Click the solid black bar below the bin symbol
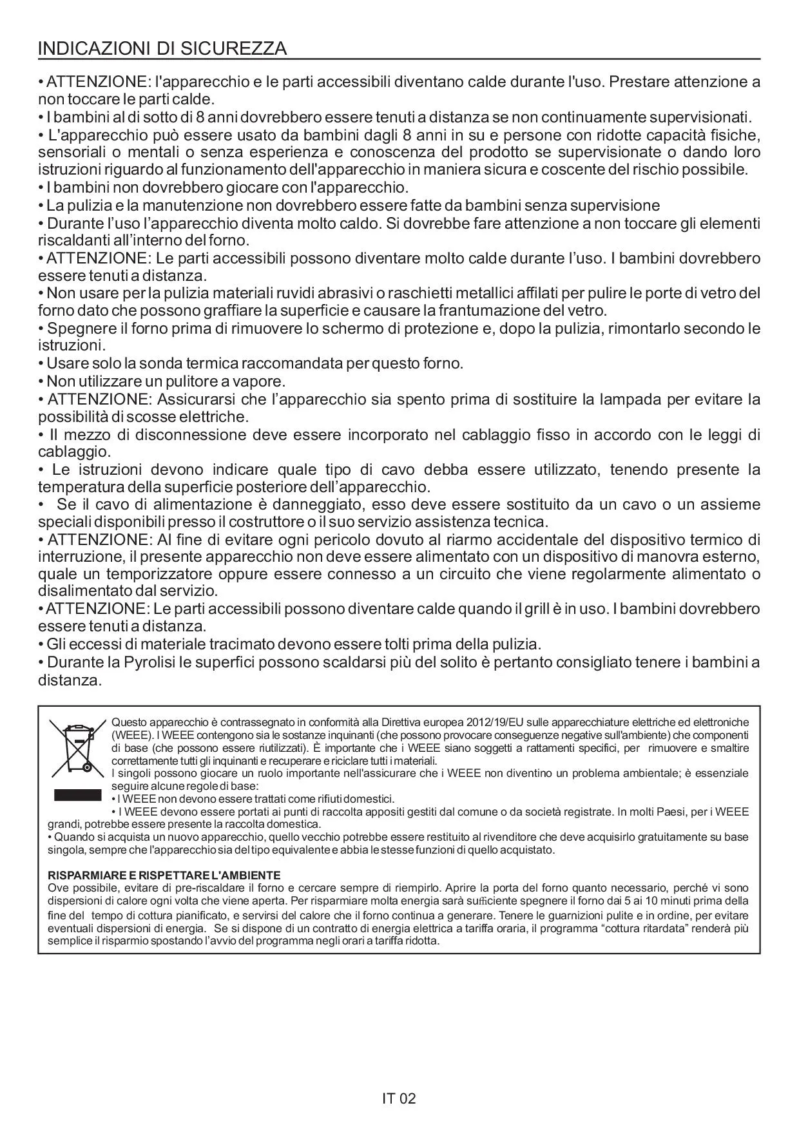77,794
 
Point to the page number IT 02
399,1098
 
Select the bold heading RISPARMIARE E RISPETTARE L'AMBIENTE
164,875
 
